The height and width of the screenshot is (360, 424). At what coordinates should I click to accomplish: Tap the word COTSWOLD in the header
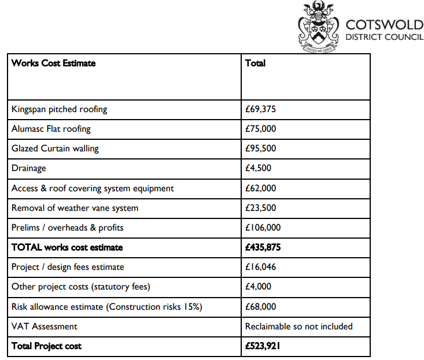pos(384,25)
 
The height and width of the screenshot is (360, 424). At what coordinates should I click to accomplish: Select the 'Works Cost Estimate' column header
pos(53,63)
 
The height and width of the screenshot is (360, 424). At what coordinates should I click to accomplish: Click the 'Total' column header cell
pos(255,63)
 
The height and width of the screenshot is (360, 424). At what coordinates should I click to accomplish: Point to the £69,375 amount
pos(261,109)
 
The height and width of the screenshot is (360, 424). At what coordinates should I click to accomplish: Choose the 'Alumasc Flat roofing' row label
pos(51,129)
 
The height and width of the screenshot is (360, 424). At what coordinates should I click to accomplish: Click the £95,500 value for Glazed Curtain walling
pos(261,149)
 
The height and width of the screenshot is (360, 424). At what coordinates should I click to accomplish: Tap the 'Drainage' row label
pos(28,168)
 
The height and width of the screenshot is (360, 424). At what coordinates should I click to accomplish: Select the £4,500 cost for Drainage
pos(258,168)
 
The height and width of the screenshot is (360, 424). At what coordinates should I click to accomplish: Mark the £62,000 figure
pos(261,188)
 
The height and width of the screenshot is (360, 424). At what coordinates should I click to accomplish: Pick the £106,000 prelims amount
pos(263,228)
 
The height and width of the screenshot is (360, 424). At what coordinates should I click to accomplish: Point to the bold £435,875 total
pos(263,247)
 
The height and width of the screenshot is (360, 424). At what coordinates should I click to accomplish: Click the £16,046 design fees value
pos(261,267)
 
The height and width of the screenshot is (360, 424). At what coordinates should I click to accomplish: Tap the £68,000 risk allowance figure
pos(261,307)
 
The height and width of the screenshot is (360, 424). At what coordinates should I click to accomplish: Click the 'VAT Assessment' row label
pos(44,326)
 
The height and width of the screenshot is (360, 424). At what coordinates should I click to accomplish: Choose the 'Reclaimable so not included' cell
pos(298,326)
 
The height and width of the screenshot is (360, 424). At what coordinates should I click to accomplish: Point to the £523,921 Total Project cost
pos(263,346)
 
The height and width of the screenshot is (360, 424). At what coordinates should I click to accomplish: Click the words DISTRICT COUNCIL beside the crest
pos(384,38)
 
